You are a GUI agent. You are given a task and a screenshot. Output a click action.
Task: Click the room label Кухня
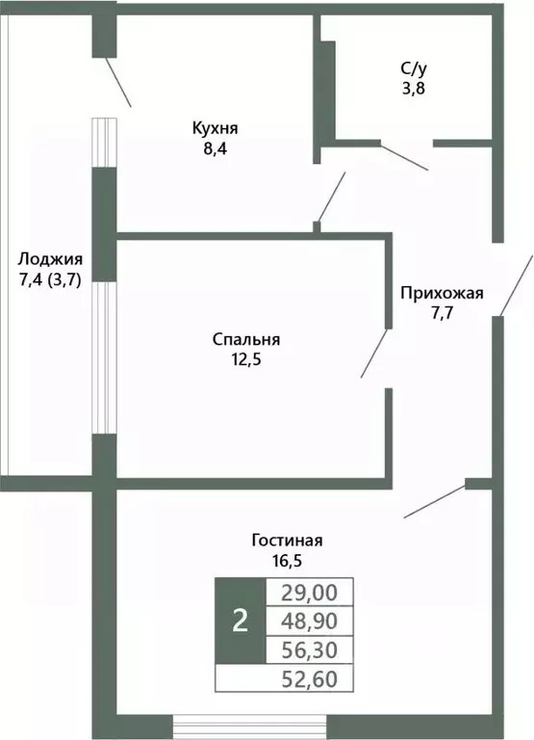pos(215,128)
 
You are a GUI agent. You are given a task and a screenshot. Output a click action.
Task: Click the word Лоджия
pos(50,259)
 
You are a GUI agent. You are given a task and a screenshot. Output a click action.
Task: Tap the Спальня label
pos(246,339)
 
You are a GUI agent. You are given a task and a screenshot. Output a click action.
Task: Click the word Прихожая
pos(443,294)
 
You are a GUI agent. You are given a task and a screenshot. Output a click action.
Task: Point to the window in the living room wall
pos(220,726)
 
